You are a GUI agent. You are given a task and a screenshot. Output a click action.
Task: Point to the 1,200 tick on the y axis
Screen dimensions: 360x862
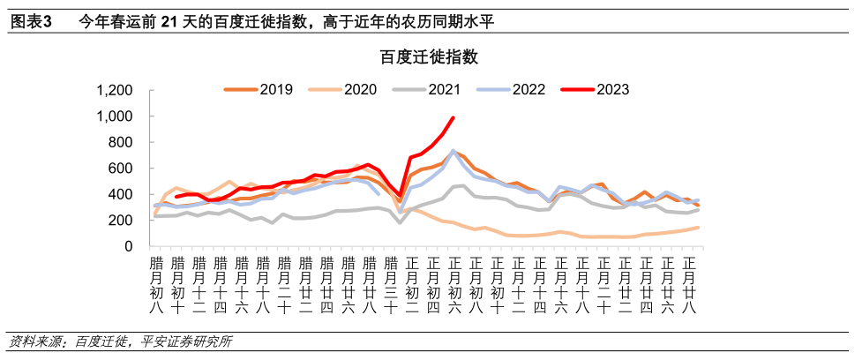tap(114, 91)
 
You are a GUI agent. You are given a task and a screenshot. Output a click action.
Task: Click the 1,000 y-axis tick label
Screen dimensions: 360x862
tap(114, 116)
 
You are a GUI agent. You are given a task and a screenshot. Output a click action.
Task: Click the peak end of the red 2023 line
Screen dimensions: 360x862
tap(453, 117)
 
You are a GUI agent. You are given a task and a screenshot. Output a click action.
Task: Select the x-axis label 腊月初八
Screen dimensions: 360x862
tap(156, 283)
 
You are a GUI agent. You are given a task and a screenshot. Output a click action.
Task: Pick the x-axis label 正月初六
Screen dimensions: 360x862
tap(454, 283)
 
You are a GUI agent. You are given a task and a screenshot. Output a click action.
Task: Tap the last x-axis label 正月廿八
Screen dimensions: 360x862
tap(690, 283)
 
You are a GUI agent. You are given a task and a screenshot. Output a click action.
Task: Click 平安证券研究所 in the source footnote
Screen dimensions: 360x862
tap(186, 341)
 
